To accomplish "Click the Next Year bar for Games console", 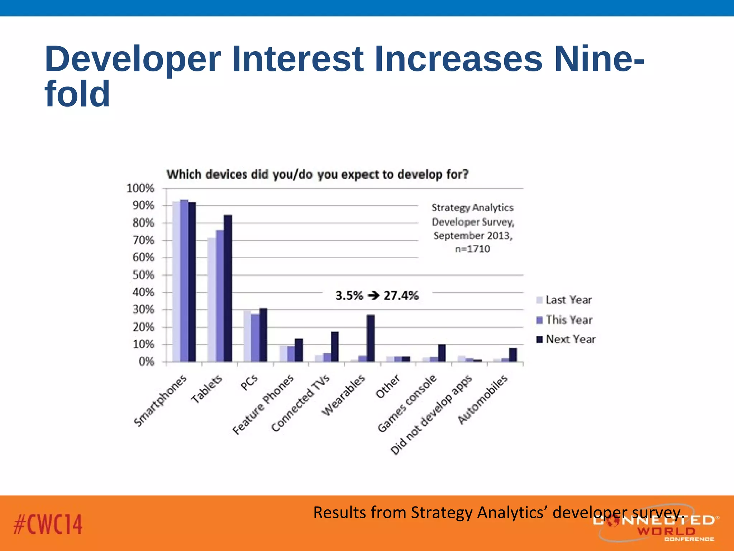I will [x=442, y=353].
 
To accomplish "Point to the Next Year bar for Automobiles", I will [x=513, y=355].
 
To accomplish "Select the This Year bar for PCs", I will [x=255, y=338].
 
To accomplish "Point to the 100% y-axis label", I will [x=140, y=188].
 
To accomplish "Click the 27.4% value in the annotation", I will [x=401, y=296].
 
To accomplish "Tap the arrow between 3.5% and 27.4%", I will [x=373, y=296].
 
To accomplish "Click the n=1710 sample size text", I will [x=472, y=249].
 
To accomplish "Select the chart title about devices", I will [x=318, y=174].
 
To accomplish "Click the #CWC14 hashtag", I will [x=48, y=524].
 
